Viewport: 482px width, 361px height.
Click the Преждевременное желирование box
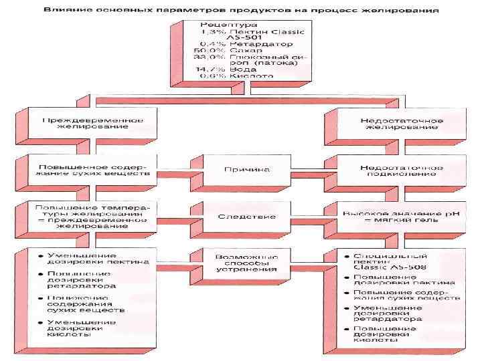coord(93,124)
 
